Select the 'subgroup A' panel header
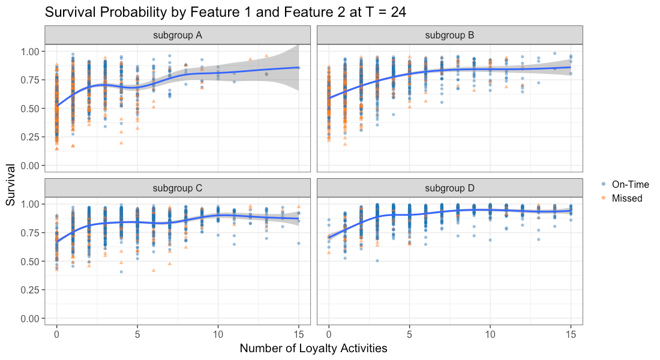click(x=177, y=35)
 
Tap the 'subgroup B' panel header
click(x=449, y=35)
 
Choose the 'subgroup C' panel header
click(x=177, y=188)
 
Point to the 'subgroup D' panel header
click(x=449, y=188)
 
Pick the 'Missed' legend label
click(x=627, y=198)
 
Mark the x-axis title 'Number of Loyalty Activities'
click(x=313, y=348)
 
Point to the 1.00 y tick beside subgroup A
click(x=30, y=52)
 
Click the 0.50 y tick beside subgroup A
click(x=30, y=109)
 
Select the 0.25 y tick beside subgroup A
click(x=30, y=137)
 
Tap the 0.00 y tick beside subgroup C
click(x=30, y=319)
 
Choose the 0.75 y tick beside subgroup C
click(x=30, y=233)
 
